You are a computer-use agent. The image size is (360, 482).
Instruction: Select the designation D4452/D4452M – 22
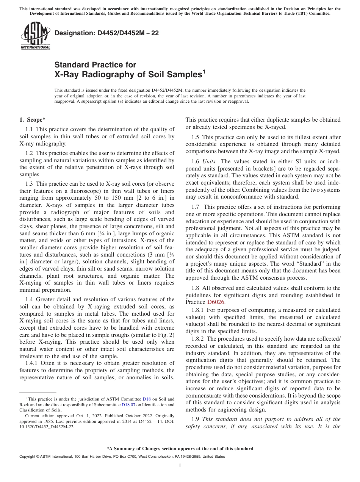pos(106,33)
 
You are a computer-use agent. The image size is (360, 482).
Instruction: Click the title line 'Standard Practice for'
pos(95,65)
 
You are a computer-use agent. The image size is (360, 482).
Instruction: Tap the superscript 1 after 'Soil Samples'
pos(203,72)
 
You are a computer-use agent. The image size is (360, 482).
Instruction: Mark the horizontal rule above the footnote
pos(38,393)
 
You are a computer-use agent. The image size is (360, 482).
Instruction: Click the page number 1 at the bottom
pos(180,465)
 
